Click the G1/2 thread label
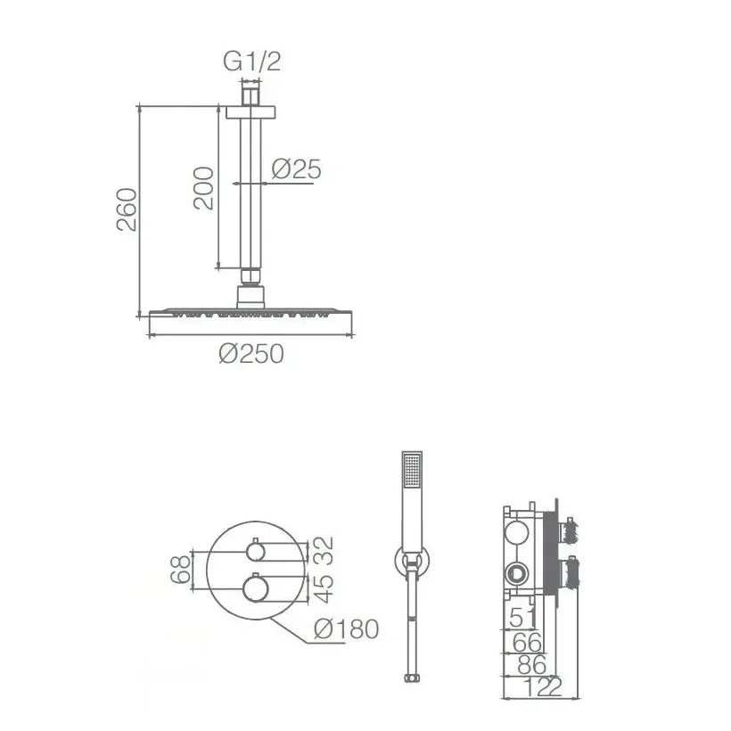pyautogui.click(x=251, y=62)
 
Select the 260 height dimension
pyautogui.click(x=127, y=209)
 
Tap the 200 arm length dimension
pyautogui.click(x=204, y=188)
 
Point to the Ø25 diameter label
pyautogui.click(x=297, y=168)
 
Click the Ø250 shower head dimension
pyautogui.click(x=251, y=353)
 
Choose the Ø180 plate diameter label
pyautogui.click(x=347, y=629)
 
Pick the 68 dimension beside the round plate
pyautogui.click(x=181, y=570)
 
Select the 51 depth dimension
pyautogui.click(x=522, y=618)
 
